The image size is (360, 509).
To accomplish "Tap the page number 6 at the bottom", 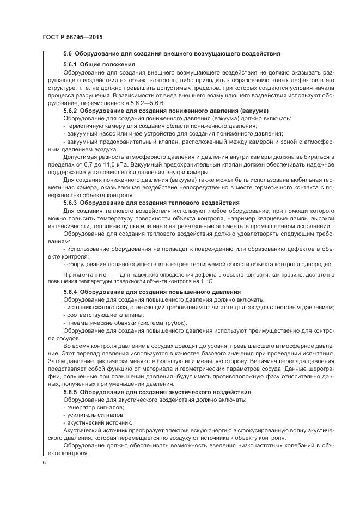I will click(x=44, y=462).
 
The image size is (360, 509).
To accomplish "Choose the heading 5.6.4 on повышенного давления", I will click(x=152, y=292).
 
